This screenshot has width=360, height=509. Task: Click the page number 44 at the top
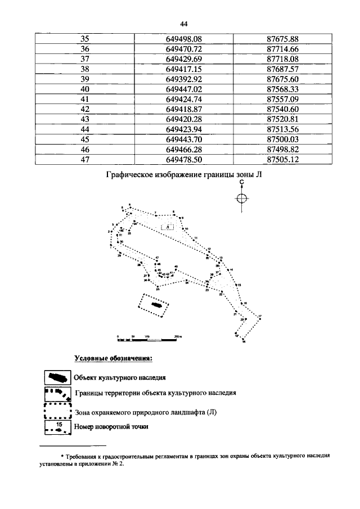183,24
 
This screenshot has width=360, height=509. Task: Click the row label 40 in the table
85,89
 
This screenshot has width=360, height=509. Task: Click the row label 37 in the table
85,58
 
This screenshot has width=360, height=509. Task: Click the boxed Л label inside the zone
168,226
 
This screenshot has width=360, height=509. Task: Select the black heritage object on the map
157,305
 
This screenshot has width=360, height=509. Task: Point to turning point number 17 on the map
259,317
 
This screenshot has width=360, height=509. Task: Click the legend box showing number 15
58,427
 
